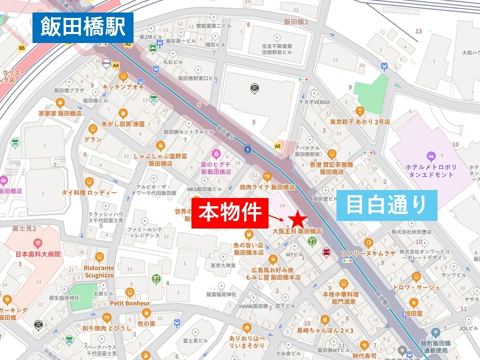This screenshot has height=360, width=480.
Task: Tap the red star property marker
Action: (297, 218)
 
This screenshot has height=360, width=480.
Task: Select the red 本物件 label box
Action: (230, 213)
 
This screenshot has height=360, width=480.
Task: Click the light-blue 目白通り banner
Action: (386, 205)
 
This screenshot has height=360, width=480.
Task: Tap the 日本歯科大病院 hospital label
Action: (37, 254)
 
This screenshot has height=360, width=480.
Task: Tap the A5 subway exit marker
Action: (277, 146)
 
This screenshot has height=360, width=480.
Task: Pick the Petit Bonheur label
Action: (130, 303)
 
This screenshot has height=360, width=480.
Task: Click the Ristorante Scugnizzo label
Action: (99, 271)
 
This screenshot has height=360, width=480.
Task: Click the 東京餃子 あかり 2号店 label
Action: (360, 121)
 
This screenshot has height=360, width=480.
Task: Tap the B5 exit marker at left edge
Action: (21, 48)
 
